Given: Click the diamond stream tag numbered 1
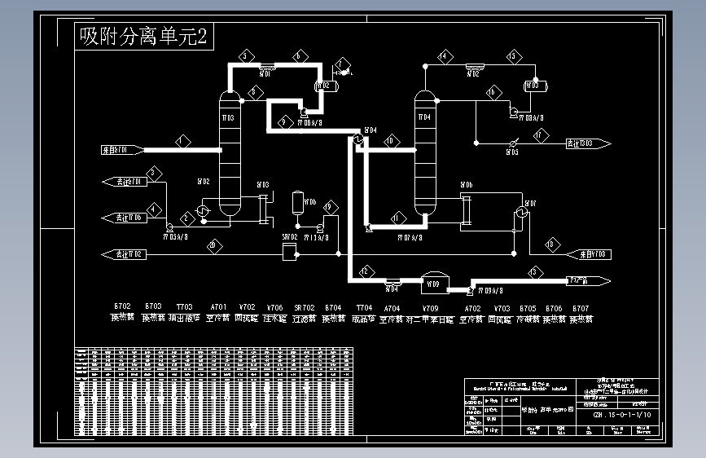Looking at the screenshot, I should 182,141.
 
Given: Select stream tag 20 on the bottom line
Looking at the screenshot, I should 213,245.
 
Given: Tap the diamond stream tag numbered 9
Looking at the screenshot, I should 284,121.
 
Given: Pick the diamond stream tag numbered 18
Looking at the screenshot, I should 553,244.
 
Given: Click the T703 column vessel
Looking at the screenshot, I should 229,155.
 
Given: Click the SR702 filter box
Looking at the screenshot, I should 288,253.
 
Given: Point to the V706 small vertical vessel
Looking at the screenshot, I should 298,200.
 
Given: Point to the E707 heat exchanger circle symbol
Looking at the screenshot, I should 520,211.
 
